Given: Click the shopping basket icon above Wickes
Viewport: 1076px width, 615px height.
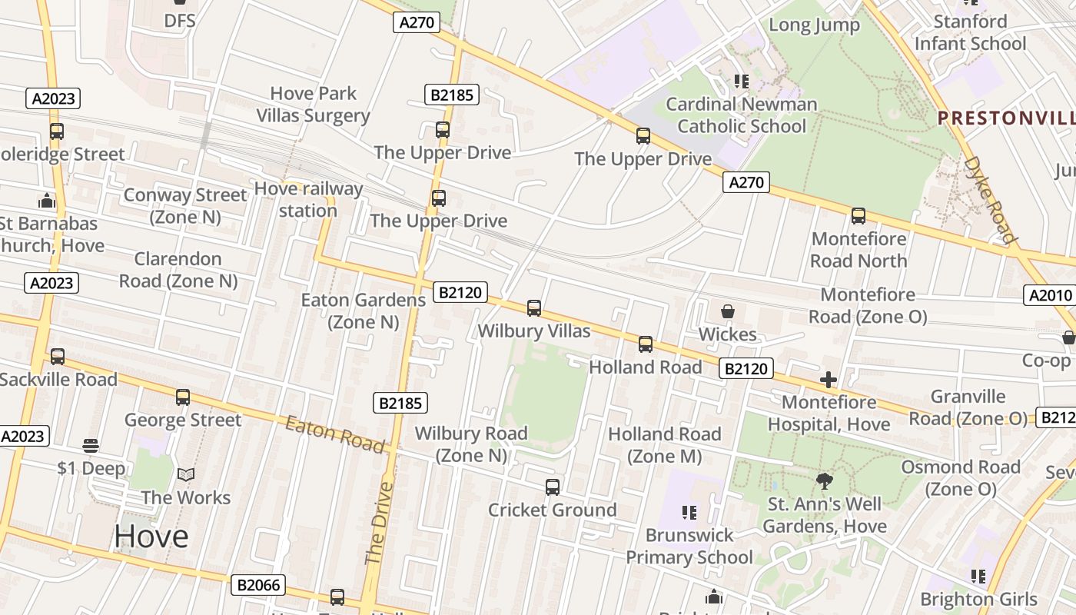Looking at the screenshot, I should point(727,311).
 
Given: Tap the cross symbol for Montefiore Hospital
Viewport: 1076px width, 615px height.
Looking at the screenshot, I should point(828,380).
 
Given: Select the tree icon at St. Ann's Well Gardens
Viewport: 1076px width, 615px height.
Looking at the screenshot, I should point(825,482).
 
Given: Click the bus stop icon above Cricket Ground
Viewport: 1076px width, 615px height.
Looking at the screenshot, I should point(552,487).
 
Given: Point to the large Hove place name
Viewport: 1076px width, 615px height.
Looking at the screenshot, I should point(151,537).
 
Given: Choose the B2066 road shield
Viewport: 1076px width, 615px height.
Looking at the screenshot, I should point(258,585).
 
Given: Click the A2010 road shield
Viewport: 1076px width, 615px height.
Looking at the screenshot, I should point(1050,295).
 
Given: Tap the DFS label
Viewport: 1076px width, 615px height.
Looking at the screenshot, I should point(180,21).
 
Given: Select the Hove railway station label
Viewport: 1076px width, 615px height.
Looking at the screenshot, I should point(308,200).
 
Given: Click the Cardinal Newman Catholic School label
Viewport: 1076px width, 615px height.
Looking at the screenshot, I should point(742,115).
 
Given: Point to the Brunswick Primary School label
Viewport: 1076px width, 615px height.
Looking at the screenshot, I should point(689,546).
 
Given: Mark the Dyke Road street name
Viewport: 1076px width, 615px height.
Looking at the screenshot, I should point(990,200).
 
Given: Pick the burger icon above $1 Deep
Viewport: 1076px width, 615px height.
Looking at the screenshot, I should point(91,446).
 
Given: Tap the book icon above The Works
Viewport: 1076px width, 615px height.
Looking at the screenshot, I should point(186,475).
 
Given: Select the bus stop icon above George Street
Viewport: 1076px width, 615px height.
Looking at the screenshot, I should point(182,397).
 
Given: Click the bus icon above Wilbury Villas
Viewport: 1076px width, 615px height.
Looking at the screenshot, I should point(534,308).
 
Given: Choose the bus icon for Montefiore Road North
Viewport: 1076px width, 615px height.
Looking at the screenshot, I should point(858,216).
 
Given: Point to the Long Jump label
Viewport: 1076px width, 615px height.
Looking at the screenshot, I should point(814,25).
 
